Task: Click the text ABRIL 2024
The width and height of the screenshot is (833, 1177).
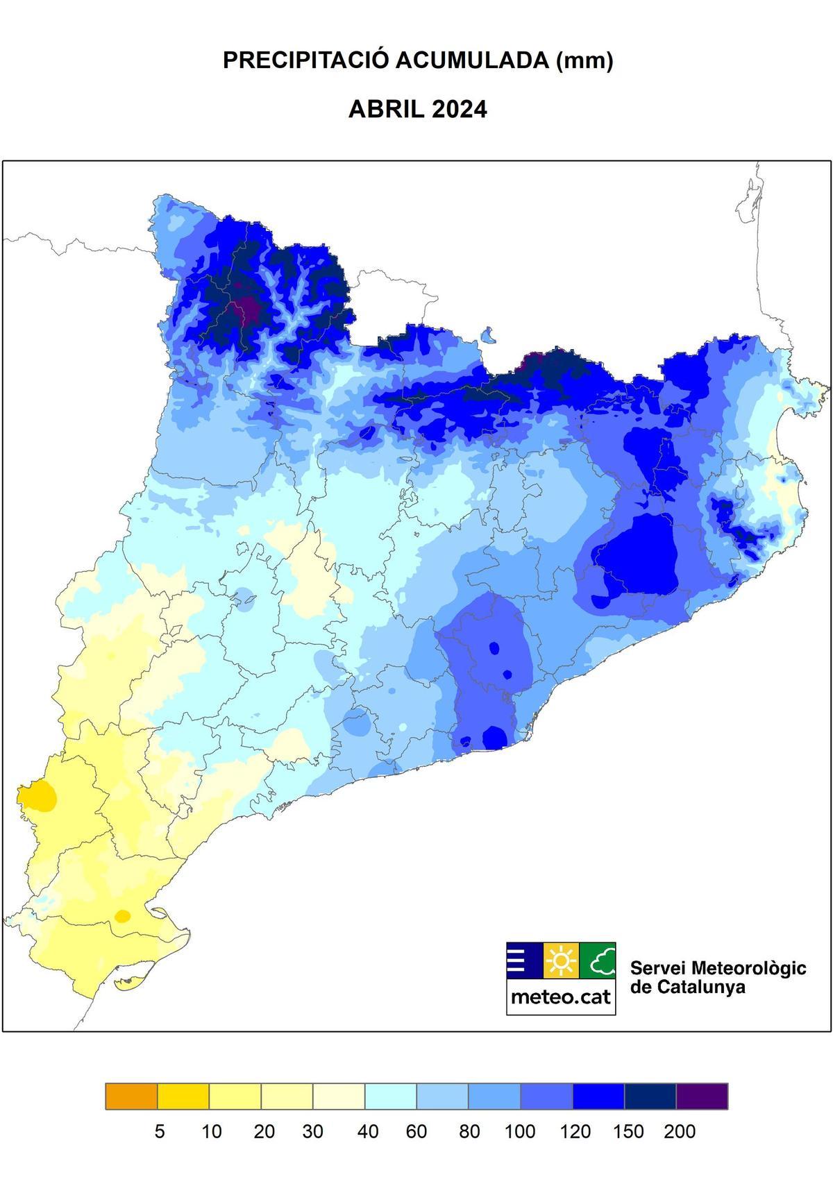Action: coord(417,110)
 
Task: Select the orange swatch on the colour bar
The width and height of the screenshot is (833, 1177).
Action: coord(131,1096)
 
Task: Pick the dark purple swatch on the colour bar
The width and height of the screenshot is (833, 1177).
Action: coord(702,1096)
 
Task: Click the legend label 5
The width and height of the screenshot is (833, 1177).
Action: coord(160,1132)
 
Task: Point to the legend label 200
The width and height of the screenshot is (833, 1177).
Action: coord(680,1132)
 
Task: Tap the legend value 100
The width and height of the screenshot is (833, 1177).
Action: coord(520,1132)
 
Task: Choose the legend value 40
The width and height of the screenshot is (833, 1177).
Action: coord(367,1132)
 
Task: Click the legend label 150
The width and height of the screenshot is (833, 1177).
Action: coord(628,1132)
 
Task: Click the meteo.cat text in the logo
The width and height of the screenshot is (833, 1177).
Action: coord(561,997)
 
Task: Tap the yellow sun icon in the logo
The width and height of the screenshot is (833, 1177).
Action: coord(561,961)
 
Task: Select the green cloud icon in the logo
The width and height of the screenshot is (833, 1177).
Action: coord(598,961)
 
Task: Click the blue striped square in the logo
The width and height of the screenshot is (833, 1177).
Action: coord(524,961)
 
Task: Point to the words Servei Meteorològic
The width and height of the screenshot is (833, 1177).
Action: coord(718,967)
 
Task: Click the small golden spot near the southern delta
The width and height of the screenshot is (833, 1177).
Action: coord(122,915)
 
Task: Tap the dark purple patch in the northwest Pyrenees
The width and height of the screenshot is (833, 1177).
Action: coord(244,308)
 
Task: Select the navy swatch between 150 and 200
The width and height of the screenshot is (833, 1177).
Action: coord(650,1096)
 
